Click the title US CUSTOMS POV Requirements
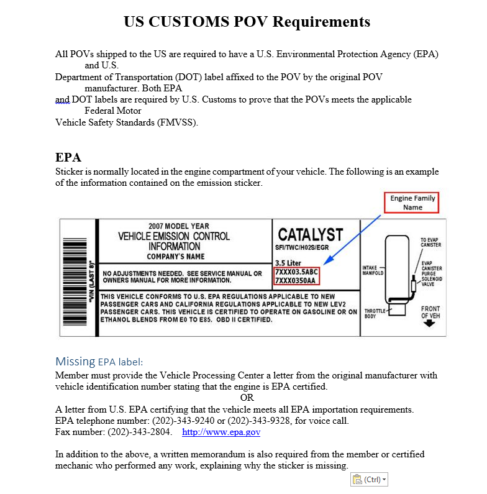click(247, 22)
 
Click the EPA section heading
click(68, 157)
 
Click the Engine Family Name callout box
click(412, 203)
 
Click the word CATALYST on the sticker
click(310, 235)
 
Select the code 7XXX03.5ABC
click(296, 272)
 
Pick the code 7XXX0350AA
click(295, 280)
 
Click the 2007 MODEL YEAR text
click(179, 226)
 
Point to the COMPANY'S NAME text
click(176, 257)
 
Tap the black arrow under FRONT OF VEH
click(429, 324)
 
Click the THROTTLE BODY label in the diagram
click(374, 313)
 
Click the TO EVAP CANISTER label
click(431, 242)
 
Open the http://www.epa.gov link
click(221, 432)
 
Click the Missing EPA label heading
click(99, 362)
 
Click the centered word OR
click(247, 398)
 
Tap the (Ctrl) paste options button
click(370, 480)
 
